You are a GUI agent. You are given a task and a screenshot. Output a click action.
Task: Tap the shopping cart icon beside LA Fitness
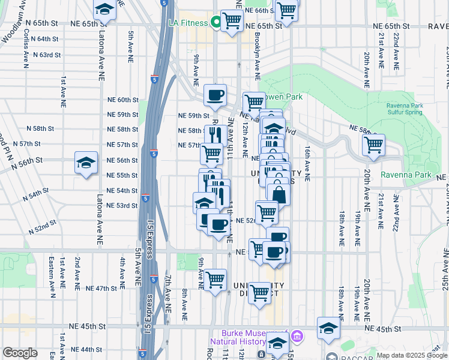pyautogui.click(x=232, y=20)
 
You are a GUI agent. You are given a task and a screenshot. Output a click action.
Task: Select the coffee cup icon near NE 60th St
pyautogui.click(x=215, y=94)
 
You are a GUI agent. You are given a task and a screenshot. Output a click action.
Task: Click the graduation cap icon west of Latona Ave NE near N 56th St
pyautogui.click(x=86, y=163)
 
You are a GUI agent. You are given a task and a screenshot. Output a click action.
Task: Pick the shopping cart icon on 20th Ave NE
pyautogui.click(x=373, y=145)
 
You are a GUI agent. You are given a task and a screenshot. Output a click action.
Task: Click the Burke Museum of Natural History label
pyautogui.click(x=247, y=339)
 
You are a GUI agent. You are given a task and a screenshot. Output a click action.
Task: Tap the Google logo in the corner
pyautogui.click(x=20, y=353)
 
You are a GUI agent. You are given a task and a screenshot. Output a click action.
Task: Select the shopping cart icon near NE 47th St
pyautogui.click(x=215, y=279)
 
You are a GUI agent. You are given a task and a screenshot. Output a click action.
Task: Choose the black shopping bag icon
pyautogui.click(x=279, y=194)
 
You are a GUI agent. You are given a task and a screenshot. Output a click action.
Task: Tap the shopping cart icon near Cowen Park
pyautogui.click(x=253, y=103)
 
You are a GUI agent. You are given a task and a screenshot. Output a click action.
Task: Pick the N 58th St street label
pyautogui.click(x=41, y=128)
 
